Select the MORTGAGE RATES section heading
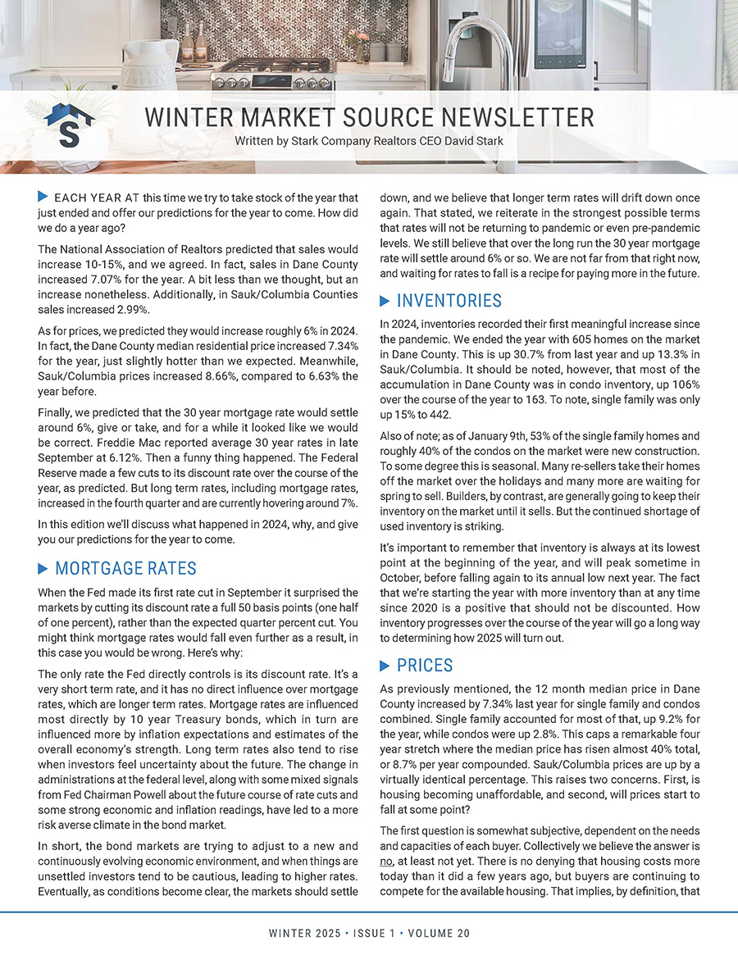[125, 569]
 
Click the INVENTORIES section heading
[449, 301]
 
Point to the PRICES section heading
[426, 665]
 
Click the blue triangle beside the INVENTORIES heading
[385, 302]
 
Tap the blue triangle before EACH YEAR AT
[43, 197]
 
